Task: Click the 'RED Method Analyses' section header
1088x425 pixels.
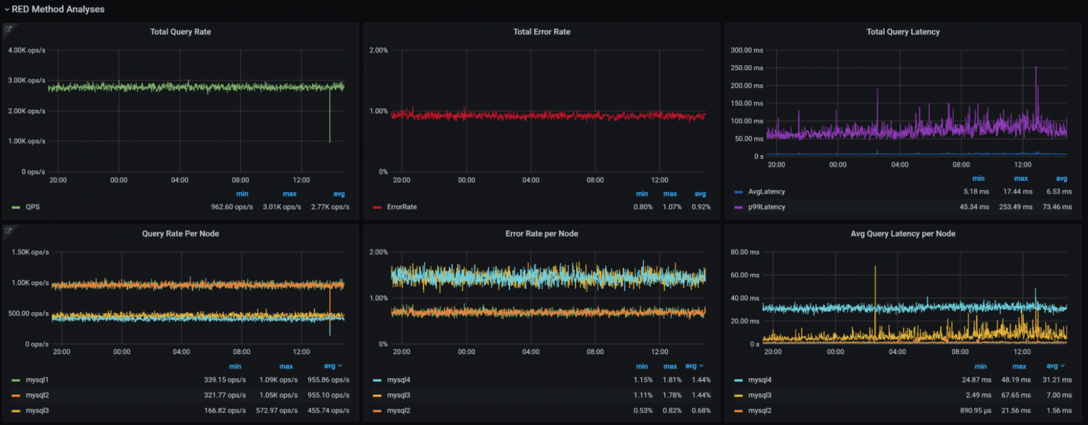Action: [57, 9]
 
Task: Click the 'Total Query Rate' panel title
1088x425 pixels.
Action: [181, 32]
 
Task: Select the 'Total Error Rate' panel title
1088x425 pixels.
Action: [542, 32]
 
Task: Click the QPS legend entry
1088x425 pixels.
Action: [33, 207]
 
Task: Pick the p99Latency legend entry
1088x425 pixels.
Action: [766, 207]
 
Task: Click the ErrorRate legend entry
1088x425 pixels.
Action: [401, 207]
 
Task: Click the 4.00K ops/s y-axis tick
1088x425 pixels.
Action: [26, 50]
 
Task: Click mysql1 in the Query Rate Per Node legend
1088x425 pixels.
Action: [37, 380]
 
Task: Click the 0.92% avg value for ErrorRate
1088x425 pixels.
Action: [700, 207]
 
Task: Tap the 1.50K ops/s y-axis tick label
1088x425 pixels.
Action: [29, 252]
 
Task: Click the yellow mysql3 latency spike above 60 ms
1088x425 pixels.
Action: [875, 269]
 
